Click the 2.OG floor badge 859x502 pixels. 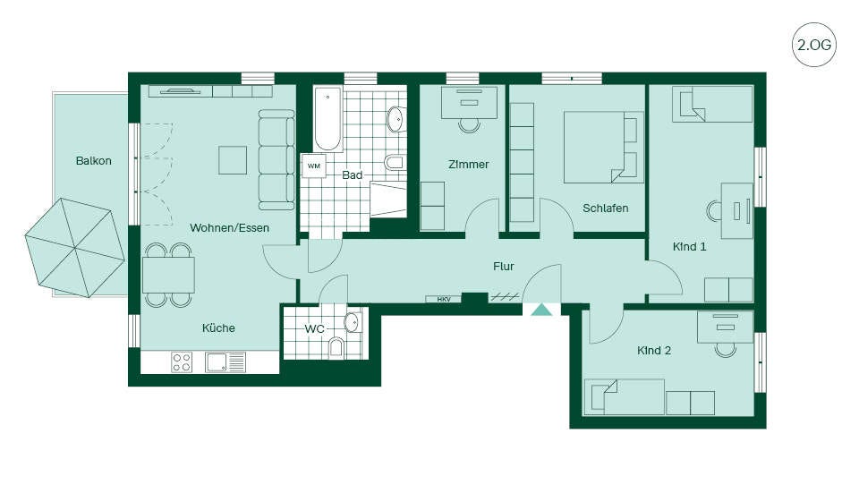click(x=814, y=45)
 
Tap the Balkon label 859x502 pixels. click(x=94, y=161)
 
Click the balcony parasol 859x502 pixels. click(x=75, y=248)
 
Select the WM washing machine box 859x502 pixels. click(x=313, y=166)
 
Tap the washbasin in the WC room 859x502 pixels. click(x=352, y=322)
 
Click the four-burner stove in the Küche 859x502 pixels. click(x=182, y=362)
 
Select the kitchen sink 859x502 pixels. click(x=225, y=362)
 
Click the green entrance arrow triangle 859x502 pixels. click(x=542, y=311)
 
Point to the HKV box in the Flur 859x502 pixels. click(x=443, y=299)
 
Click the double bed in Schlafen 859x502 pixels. click(x=603, y=148)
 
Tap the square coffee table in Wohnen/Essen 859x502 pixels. click(x=233, y=160)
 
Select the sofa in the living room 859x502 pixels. click(x=276, y=159)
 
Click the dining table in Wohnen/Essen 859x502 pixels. click(x=168, y=275)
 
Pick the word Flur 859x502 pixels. click(x=504, y=267)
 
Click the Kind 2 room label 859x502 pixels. click(x=654, y=351)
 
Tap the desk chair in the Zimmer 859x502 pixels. click(x=470, y=125)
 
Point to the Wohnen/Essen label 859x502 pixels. click(x=230, y=228)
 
